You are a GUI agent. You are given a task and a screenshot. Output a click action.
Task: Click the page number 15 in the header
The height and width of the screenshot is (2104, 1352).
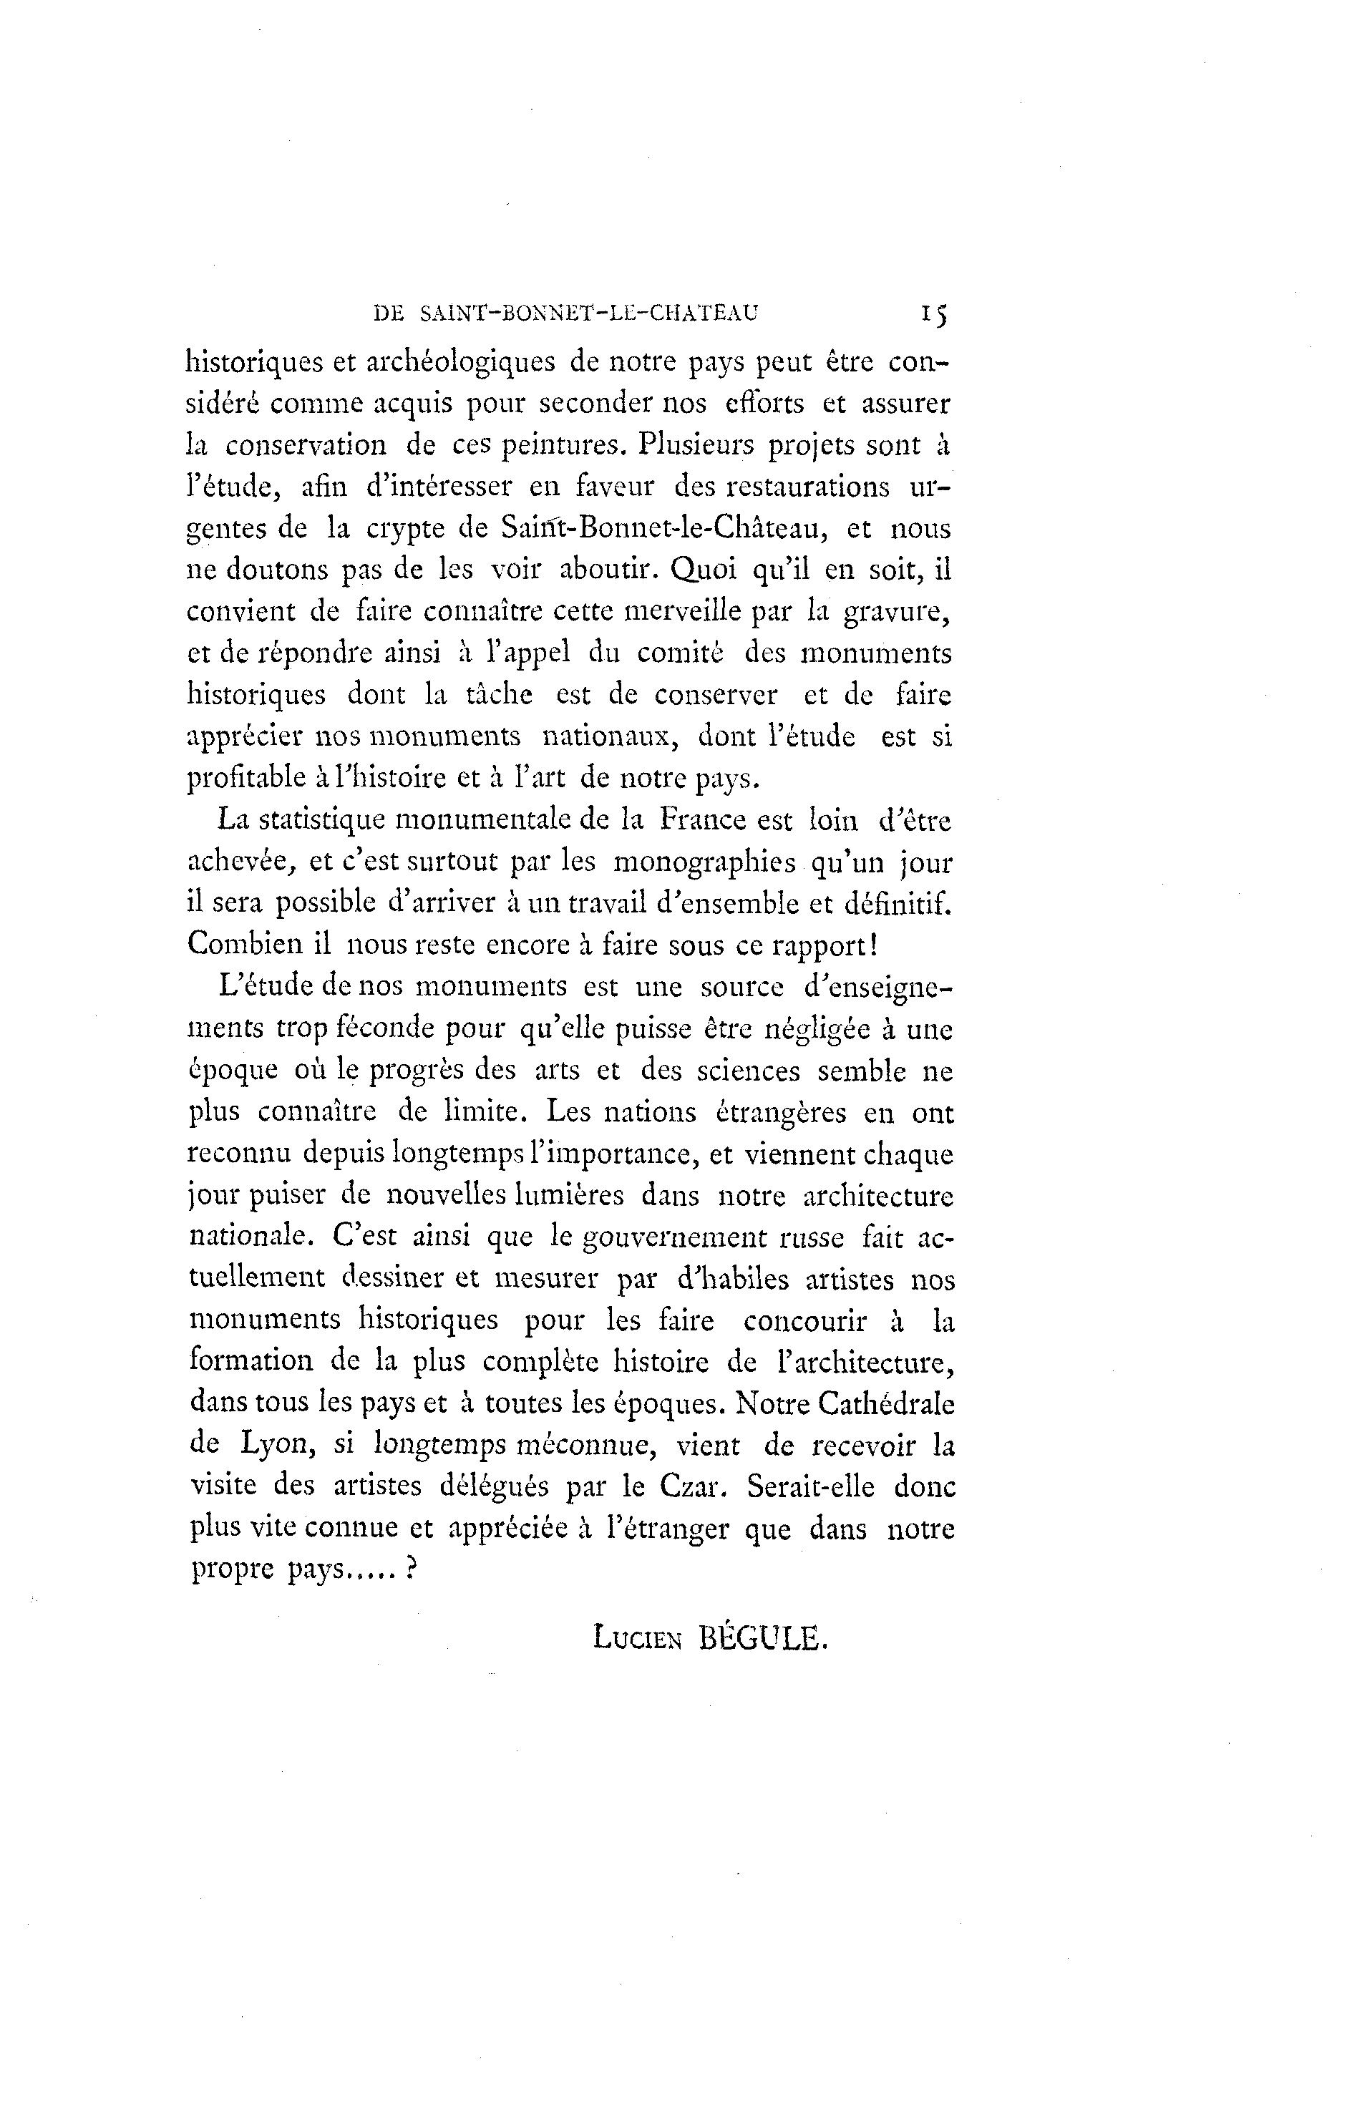pos(931,313)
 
